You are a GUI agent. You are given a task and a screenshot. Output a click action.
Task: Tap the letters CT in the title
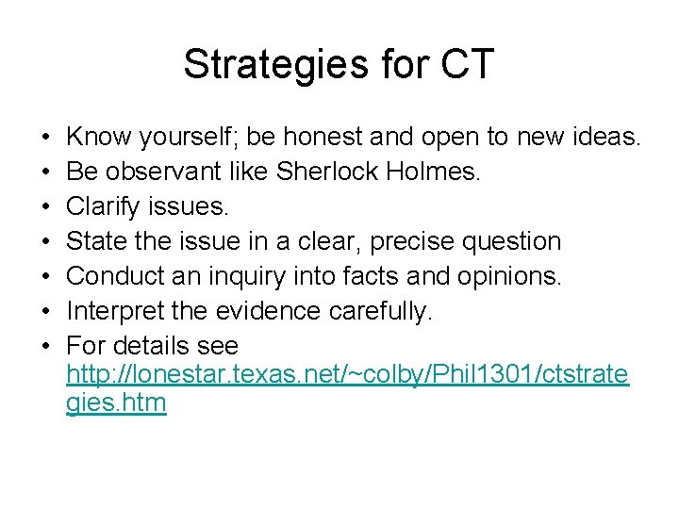click(461, 65)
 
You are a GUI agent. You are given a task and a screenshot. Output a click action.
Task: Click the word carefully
click(387, 310)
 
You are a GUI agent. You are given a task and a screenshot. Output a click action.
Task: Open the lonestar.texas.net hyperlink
click(346, 375)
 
